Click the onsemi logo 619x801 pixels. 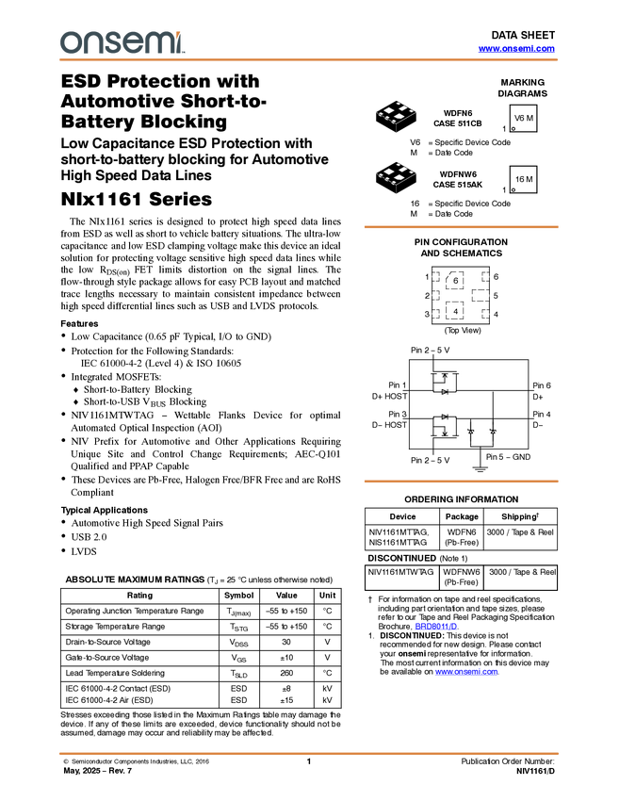coord(122,41)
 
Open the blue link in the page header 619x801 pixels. coord(516,49)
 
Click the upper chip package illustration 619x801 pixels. coord(397,112)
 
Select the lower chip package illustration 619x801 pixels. coord(397,173)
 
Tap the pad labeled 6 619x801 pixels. coord(455,281)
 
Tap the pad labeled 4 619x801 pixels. coord(455,310)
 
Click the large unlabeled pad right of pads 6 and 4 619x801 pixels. coord(481,295)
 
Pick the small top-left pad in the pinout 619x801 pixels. coord(435,277)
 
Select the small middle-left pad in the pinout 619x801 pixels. coord(435,295)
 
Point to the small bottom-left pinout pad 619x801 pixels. coord(435,313)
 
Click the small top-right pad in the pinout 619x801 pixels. coord(486,277)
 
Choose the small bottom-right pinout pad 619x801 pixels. coord(486,313)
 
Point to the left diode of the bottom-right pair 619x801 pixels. coord(471,432)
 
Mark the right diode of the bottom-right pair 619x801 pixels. coord(493,432)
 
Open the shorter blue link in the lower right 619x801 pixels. coord(436,627)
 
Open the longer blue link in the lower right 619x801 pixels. coord(467,672)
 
